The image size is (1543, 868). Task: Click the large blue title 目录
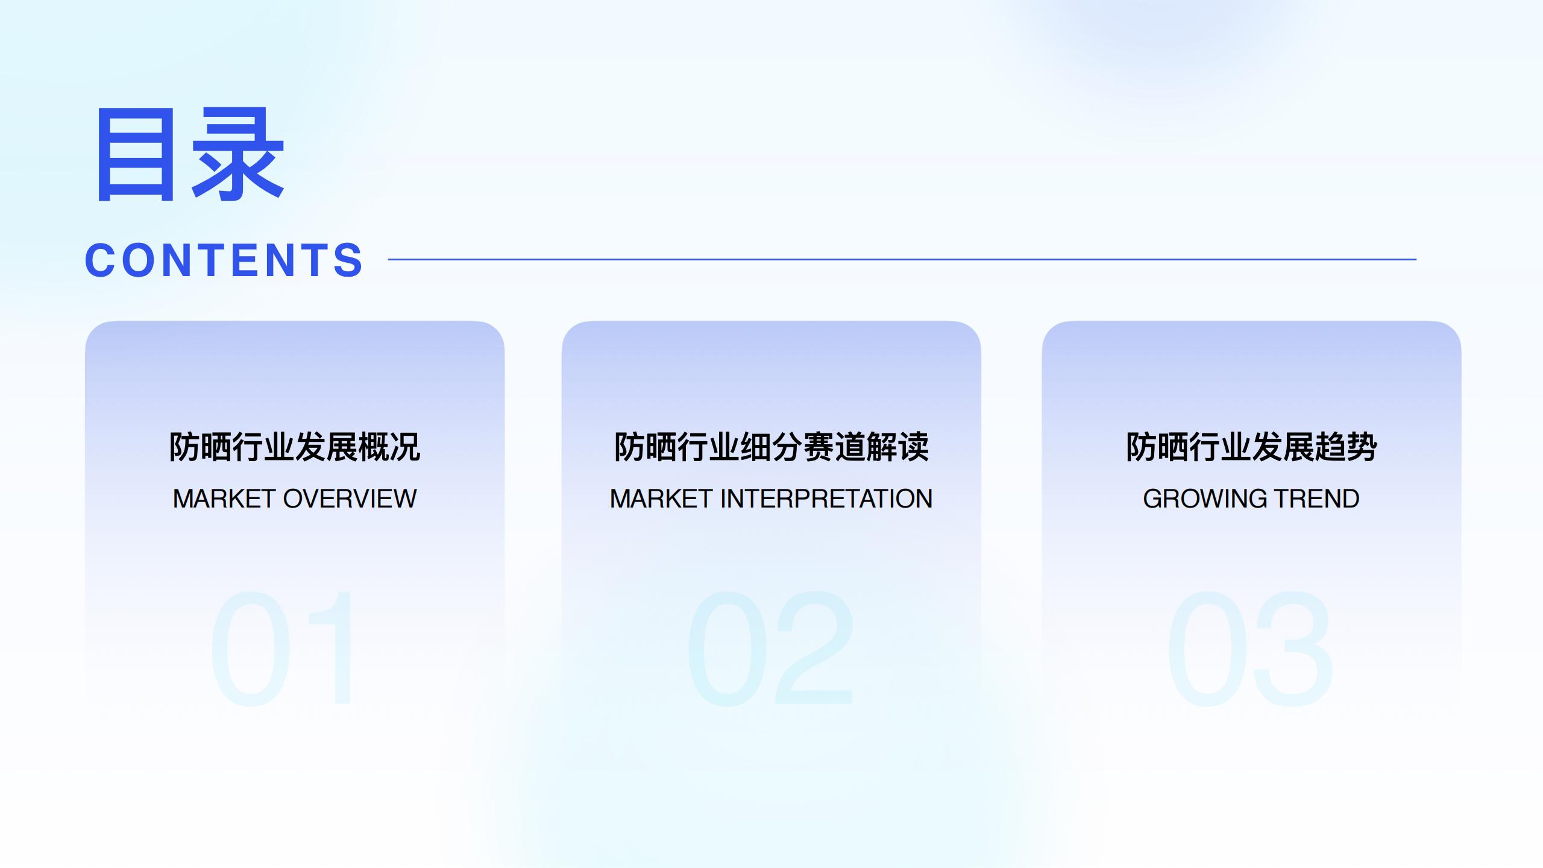coord(190,154)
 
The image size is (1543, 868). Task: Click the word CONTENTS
coord(224,260)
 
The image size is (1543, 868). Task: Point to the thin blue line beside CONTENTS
coord(902,260)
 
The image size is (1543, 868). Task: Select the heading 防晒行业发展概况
coord(295,447)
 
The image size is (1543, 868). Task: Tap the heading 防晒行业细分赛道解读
coord(771,447)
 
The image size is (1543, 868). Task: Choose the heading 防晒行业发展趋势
coord(1252,447)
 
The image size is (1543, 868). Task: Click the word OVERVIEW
coord(350,499)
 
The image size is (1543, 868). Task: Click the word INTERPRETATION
coord(826,499)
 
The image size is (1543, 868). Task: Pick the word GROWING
coord(1204,499)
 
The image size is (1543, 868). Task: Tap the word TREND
coord(1316,499)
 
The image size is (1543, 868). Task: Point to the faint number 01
coord(281,649)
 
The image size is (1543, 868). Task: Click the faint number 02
coord(771,649)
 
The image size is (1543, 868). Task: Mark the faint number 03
coord(1251,649)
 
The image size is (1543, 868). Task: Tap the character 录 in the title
coord(237,154)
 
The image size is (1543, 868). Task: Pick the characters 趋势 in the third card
coord(1346,447)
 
